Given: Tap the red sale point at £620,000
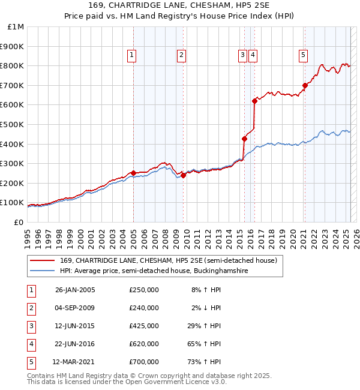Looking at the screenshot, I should click(254, 101).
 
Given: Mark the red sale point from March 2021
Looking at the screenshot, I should click(305, 85).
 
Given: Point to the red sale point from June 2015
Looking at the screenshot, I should click(244, 139).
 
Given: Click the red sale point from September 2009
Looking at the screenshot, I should click(183, 175).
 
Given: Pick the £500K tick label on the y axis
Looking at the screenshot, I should click(12, 124).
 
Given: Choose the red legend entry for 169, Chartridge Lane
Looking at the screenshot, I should click(168, 260).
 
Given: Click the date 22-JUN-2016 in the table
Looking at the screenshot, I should click(75, 344).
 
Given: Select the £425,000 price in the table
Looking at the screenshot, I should click(144, 326).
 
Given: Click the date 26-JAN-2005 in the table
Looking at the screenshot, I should click(75, 290).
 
